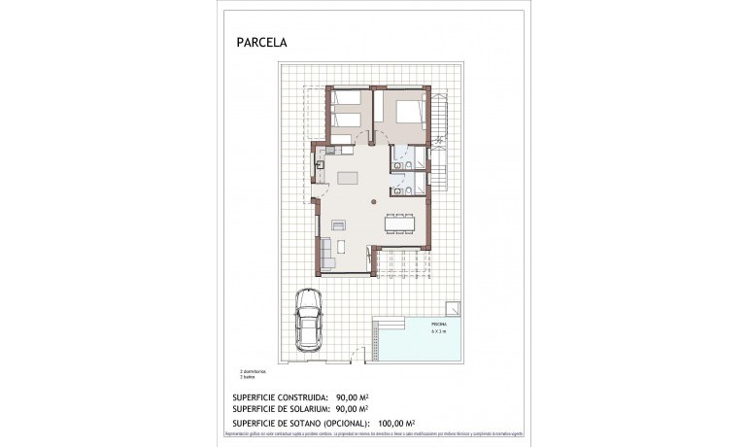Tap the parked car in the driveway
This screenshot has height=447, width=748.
(309, 323)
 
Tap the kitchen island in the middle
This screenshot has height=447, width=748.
(348, 178)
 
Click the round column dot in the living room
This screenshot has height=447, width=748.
(375, 200)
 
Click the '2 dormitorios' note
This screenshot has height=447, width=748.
(253, 372)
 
